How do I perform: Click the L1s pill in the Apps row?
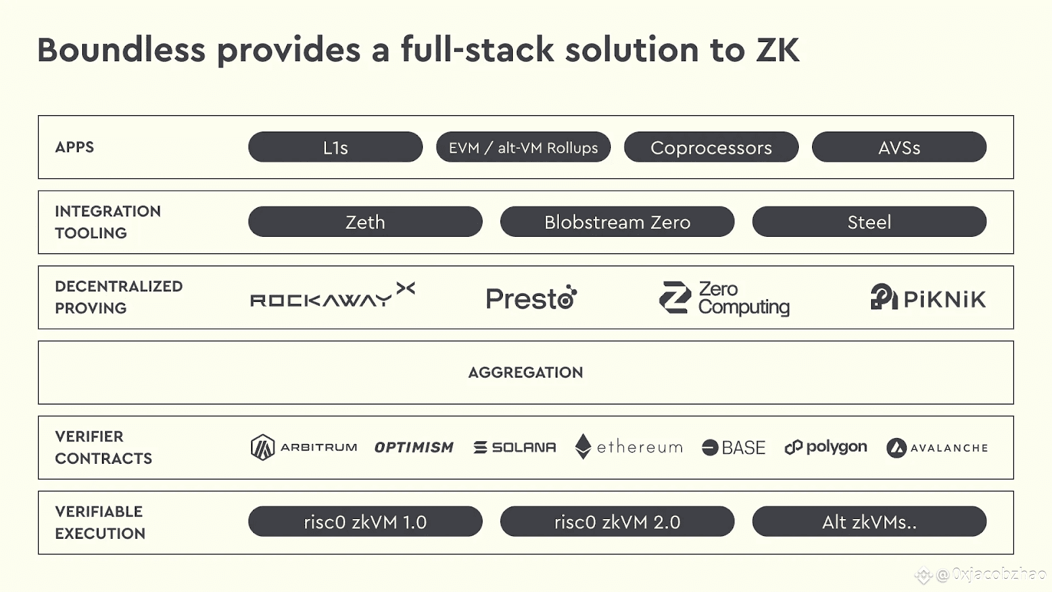click(335, 147)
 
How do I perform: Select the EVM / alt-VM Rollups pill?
click(523, 147)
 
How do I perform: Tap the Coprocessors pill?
click(711, 147)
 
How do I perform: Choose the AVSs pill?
click(899, 147)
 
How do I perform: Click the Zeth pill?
click(365, 222)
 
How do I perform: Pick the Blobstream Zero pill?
click(617, 222)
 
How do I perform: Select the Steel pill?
click(869, 222)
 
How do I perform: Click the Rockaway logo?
click(332, 297)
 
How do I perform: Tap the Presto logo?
click(531, 298)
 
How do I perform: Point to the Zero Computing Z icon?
click(675, 297)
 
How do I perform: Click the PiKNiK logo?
click(928, 298)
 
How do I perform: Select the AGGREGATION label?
click(525, 372)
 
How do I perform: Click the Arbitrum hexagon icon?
click(262, 447)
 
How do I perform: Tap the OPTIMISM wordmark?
click(414, 447)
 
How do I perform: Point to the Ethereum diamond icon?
click(583, 447)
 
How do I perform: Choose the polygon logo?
click(826, 447)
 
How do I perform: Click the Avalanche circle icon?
click(896, 448)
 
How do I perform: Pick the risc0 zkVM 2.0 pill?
click(617, 522)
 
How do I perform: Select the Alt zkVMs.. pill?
click(869, 522)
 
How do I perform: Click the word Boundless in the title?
click(122, 50)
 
